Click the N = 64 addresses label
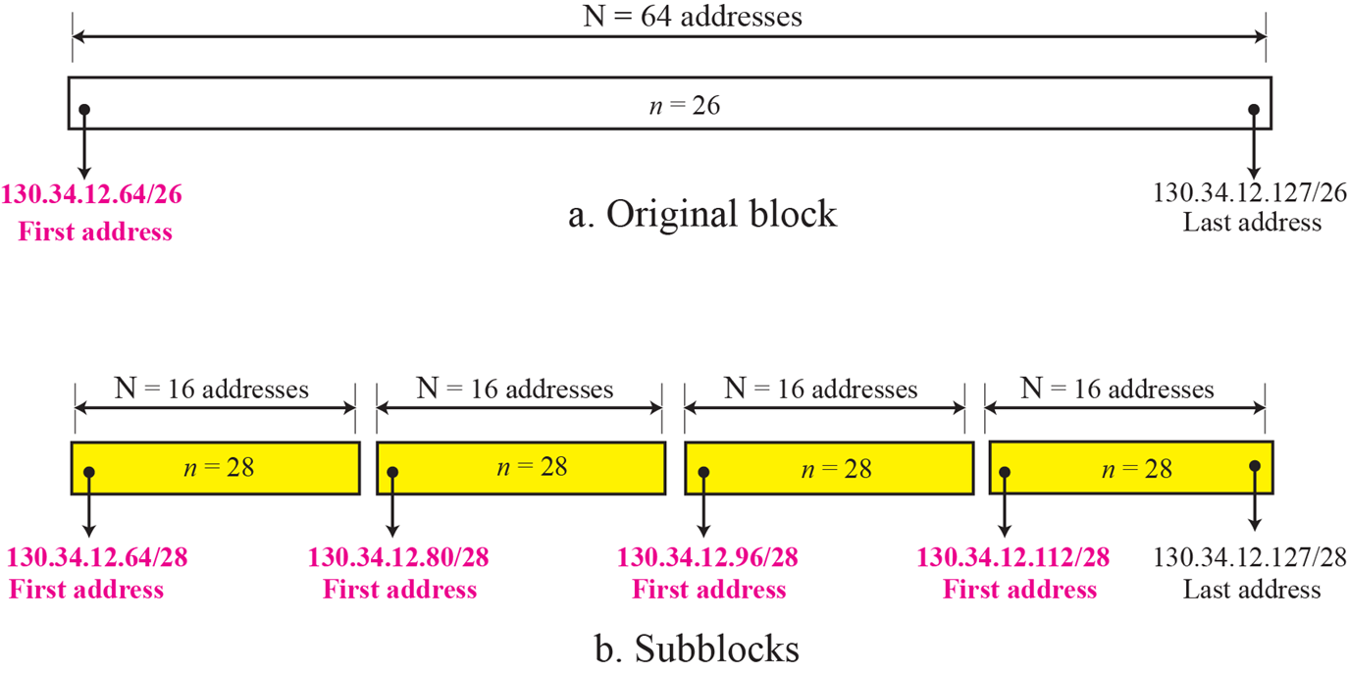coord(693,16)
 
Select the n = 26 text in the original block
coord(685,105)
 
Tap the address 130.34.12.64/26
coord(92,194)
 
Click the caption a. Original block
coord(702,214)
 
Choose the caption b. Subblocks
coord(697,649)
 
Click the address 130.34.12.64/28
coord(97,558)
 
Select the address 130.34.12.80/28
coord(398,558)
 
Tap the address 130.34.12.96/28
coord(707,558)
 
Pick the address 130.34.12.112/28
coord(1013,558)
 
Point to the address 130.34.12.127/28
coord(1251,558)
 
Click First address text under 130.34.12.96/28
coord(708,590)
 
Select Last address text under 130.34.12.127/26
coord(1251,223)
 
